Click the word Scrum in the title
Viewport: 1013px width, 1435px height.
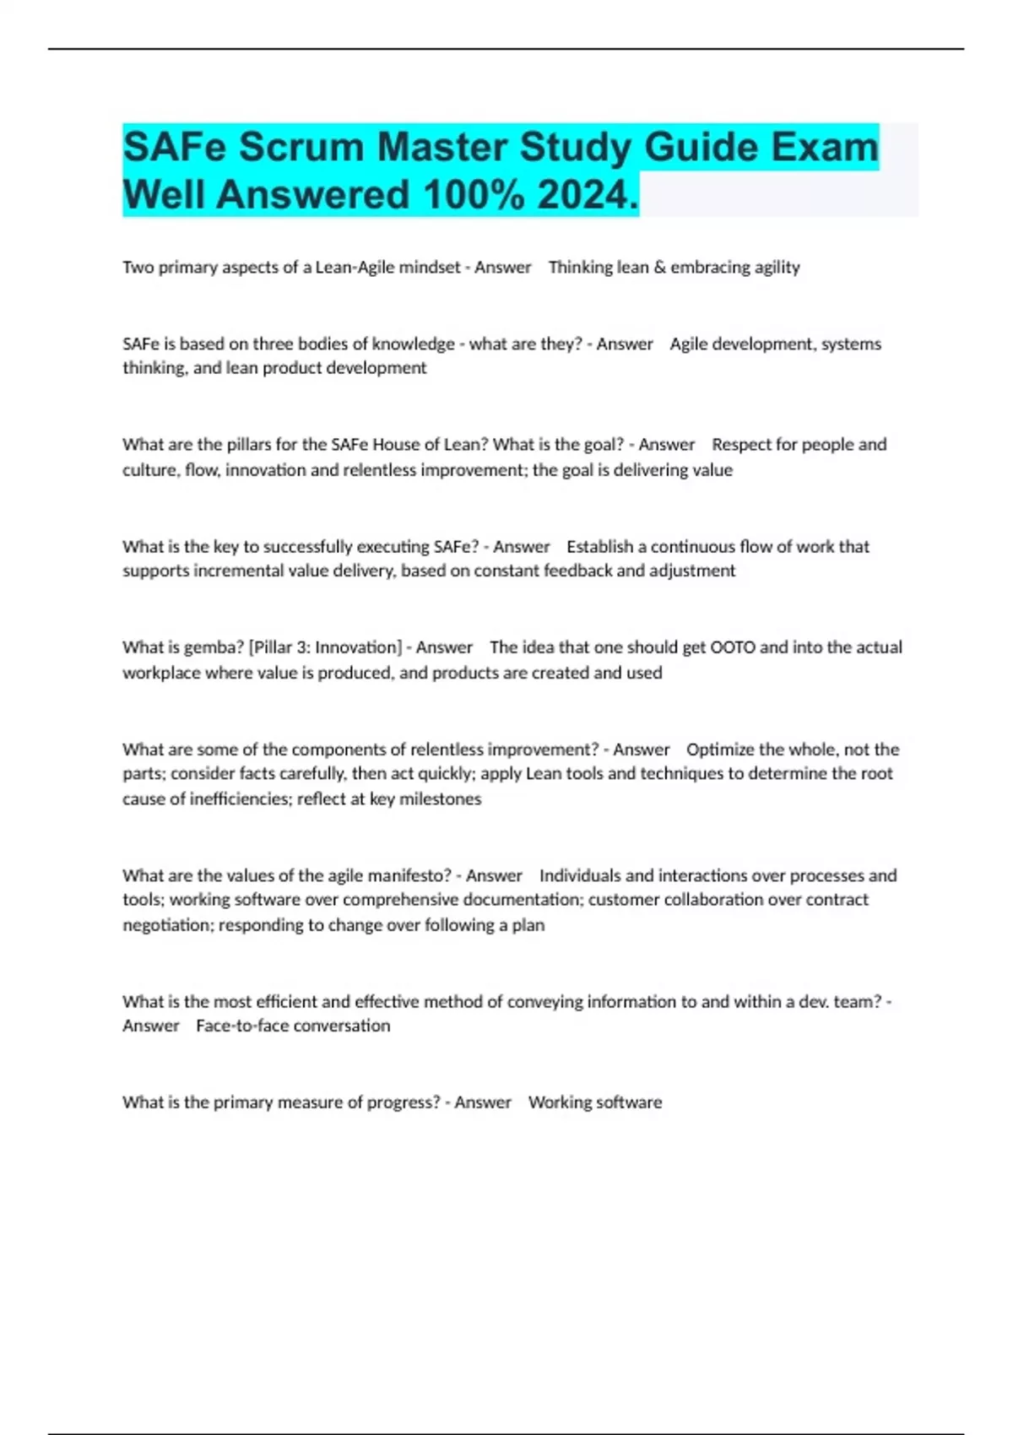[x=301, y=147]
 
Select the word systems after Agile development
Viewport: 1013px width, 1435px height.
[x=851, y=344]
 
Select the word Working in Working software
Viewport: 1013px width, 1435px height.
[x=560, y=1102]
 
